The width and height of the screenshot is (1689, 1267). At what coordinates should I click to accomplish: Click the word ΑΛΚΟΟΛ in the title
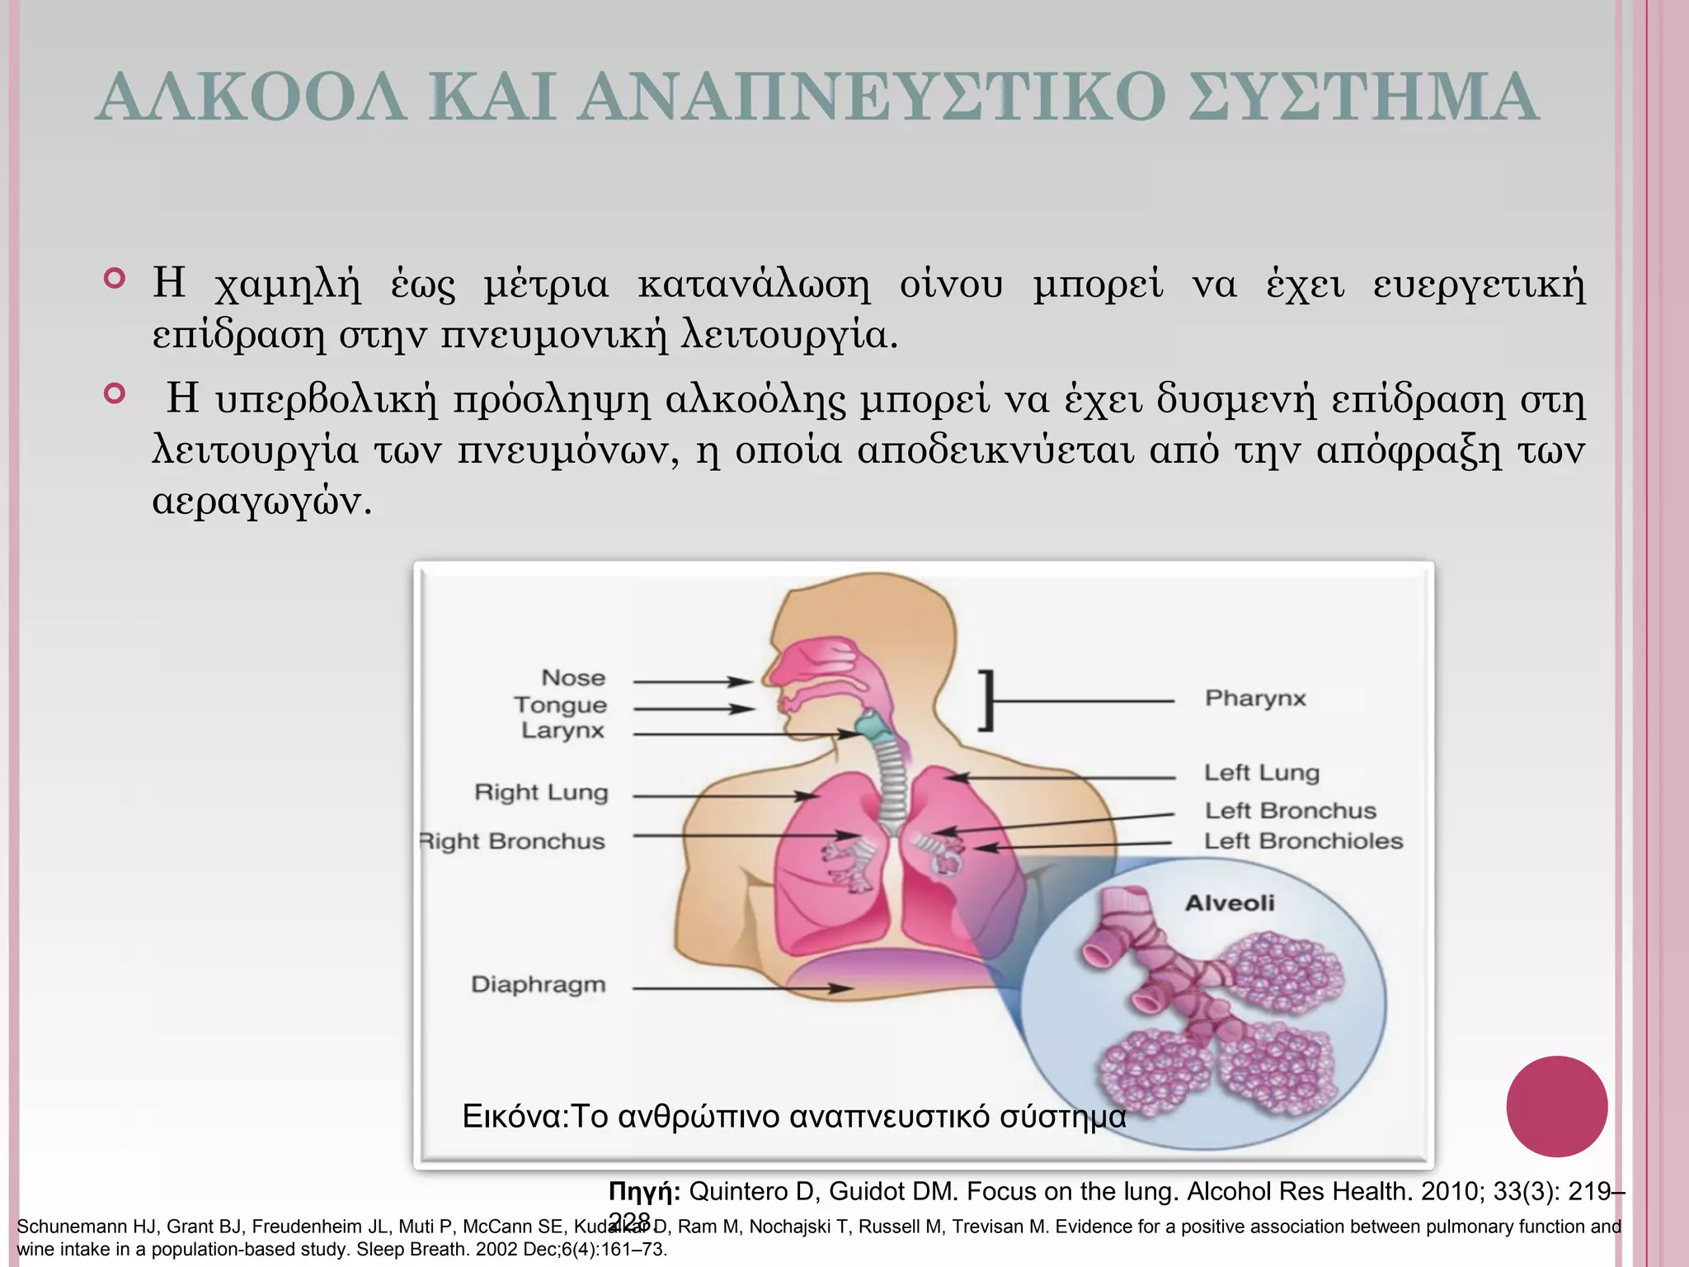252,98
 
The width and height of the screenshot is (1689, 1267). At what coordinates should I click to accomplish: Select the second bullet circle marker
115,393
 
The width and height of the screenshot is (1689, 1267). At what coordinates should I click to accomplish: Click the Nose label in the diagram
573,678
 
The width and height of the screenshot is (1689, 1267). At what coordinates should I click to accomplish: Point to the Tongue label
560,705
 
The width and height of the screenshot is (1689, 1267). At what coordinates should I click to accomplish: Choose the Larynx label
562,731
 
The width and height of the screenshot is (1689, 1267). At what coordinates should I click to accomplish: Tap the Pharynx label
1255,699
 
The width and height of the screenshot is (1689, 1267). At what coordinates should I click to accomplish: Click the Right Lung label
541,793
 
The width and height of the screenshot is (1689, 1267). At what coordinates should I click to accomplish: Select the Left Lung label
1261,773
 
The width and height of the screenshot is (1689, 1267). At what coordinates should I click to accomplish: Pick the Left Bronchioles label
1303,841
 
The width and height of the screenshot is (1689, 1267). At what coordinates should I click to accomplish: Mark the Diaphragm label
538,985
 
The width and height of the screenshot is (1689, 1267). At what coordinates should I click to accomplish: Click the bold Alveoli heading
1230,903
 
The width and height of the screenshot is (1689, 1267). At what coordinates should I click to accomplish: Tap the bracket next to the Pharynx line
987,700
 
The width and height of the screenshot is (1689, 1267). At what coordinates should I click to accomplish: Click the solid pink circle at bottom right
1556,1106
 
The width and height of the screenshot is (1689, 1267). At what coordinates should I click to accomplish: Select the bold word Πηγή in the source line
643,1192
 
